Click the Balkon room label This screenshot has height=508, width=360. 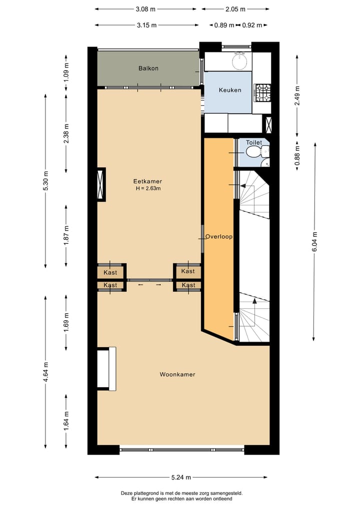point(148,68)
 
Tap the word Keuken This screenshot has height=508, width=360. point(230,90)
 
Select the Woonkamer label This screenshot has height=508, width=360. point(177,374)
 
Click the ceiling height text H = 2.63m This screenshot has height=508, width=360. point(148,188)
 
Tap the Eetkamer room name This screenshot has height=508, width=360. point(147,181)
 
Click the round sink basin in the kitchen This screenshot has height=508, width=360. point(240,62)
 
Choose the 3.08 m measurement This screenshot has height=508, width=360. point(145,9)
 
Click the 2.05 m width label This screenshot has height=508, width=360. point(235,9)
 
